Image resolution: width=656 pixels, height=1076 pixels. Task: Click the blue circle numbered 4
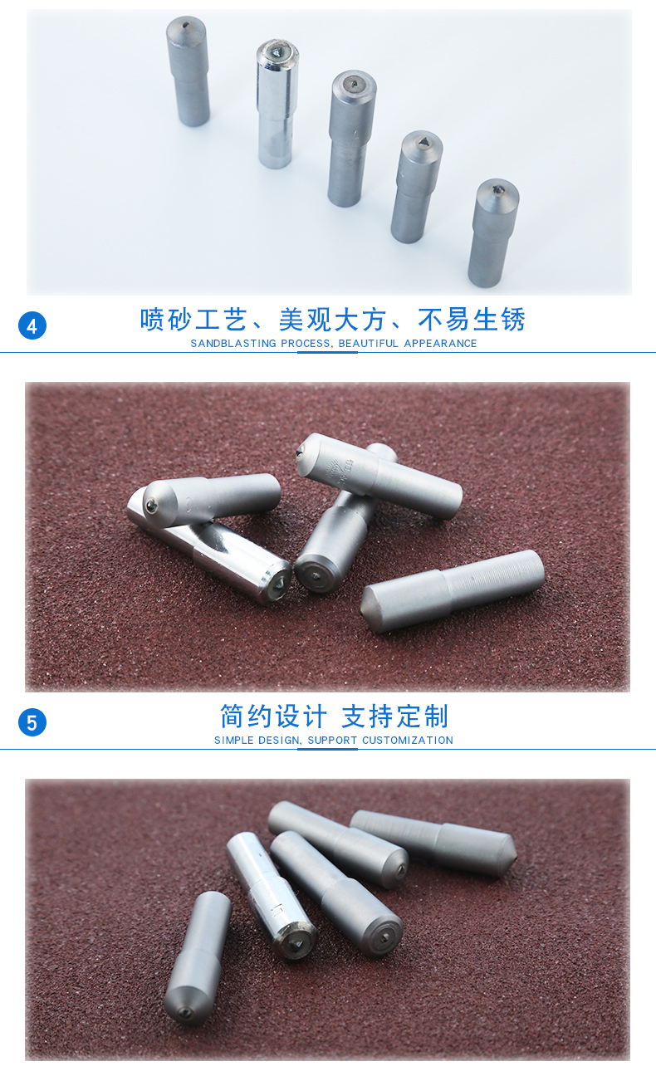(x=32, y=325)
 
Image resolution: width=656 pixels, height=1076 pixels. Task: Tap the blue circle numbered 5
(x=32, y=722)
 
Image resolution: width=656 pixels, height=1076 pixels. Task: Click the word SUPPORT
(x=332, y=741)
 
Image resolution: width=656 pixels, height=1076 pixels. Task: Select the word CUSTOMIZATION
(x=408, y=741)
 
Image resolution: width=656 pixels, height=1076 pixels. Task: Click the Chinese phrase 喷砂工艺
(x=193, y=320)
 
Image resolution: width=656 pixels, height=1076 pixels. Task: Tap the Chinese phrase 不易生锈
(x=472, y=320)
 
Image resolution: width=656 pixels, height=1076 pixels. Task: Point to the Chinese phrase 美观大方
(x=332, y=320)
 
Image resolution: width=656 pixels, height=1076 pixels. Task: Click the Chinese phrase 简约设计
(x=273, y=717)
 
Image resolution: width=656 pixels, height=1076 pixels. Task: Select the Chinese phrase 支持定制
(x=395, y=717)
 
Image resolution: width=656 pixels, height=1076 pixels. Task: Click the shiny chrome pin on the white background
(x=277, y=103)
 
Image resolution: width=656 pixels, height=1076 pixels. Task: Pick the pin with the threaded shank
(x=453, y=590)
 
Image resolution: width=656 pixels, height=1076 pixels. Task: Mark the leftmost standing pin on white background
(x=188, y=71)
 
